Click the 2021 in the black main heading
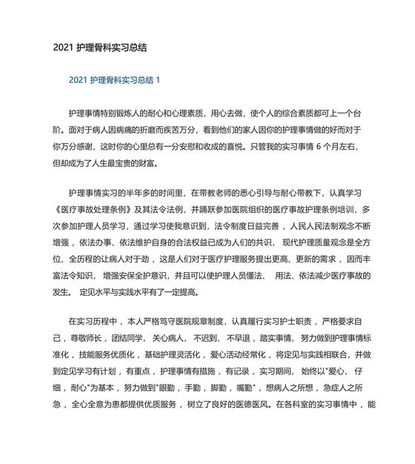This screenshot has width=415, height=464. click(63, 47)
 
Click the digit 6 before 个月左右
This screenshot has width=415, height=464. click(319, 146)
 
